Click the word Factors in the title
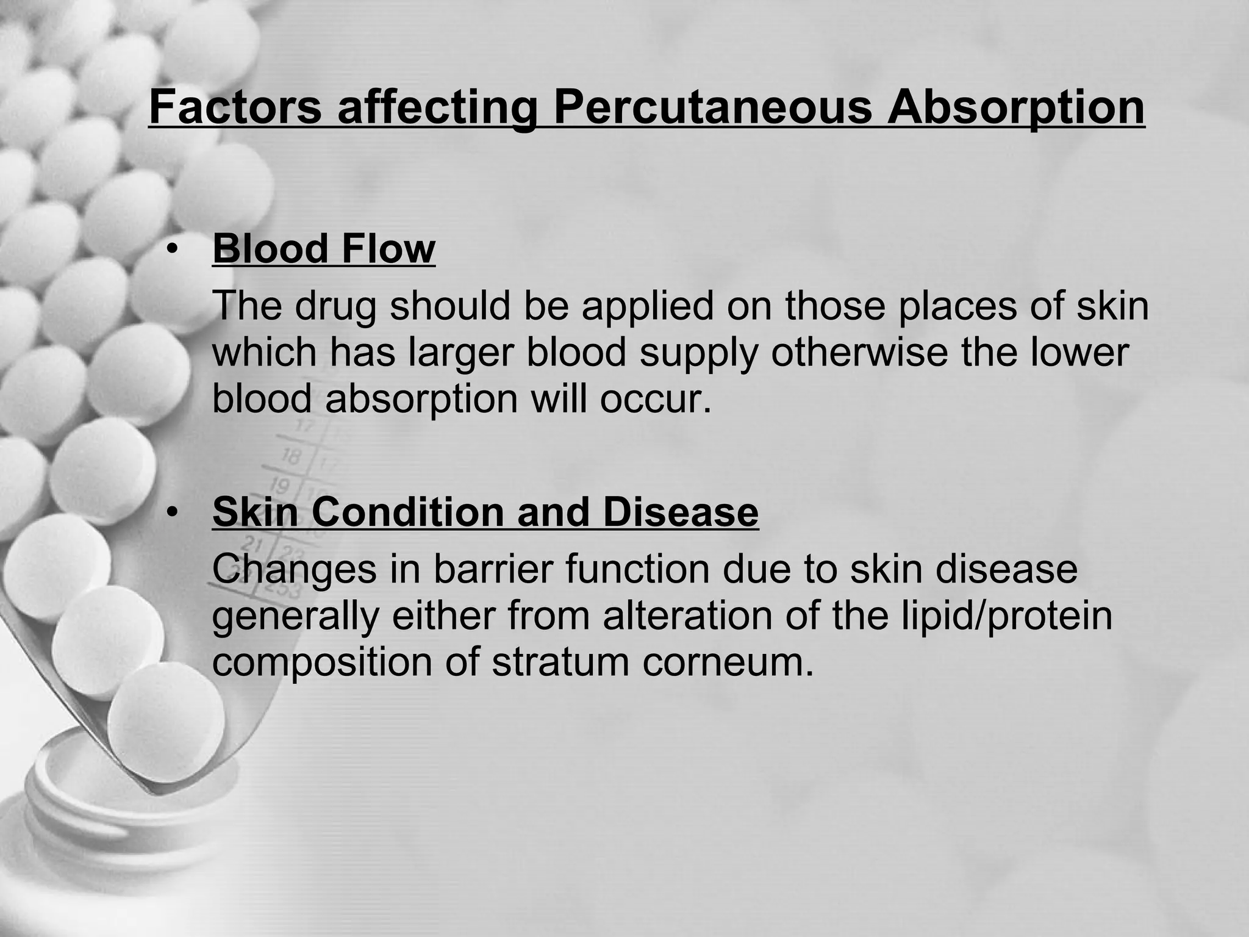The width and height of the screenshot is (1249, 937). [235, 107]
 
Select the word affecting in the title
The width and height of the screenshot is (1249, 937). [437, 109]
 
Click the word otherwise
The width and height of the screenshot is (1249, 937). [859, 352]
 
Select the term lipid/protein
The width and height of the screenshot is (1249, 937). [988, 617]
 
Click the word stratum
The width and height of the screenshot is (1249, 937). [560, 662]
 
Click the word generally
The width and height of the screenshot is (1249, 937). [295, 617]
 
